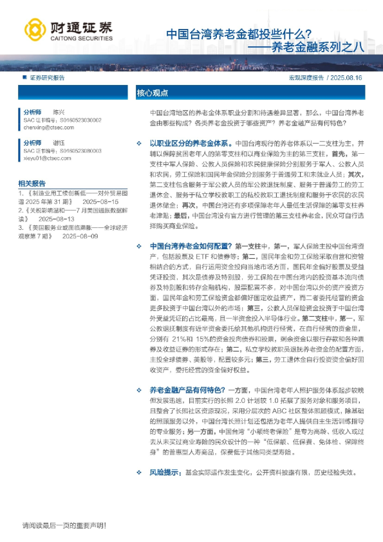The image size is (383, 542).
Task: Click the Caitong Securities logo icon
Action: pos(35,29)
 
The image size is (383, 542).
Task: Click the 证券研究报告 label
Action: pos(47,77)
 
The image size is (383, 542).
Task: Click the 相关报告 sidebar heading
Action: pos(32,182)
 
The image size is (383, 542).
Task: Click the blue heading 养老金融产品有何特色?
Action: pos(187,389)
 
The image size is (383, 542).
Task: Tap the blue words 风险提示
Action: pos(165,472)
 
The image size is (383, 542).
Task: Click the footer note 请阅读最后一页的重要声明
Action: pos(64,526)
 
